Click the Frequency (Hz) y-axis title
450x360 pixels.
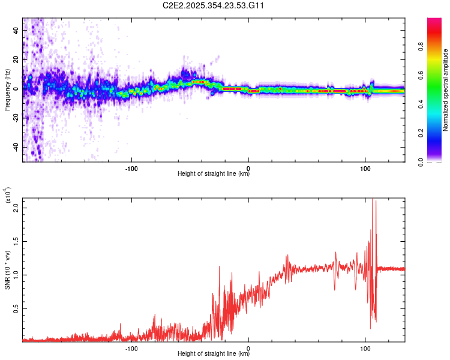pos(7,90)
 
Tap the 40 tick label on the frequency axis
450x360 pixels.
pos(16,31)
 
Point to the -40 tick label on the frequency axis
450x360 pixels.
pos(16,147)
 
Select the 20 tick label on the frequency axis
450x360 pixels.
pos(16,60)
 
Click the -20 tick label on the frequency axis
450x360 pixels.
pos(16,118)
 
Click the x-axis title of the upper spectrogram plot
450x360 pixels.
pos(214,174)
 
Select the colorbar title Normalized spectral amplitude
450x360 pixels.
pos(446,90)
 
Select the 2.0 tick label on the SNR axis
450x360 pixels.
pos(16,207)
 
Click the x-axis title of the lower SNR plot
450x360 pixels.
pos(214,354)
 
